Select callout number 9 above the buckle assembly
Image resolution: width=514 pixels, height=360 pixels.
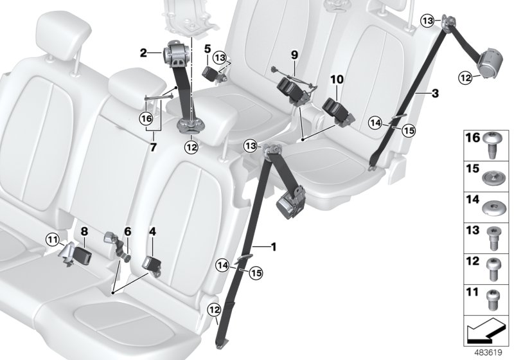tap(294, 55)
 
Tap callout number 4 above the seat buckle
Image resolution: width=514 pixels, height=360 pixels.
tap(152, 230)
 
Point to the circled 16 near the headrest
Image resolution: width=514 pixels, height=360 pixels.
tap(146, 118)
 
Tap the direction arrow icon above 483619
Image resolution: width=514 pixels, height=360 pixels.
tap(486, 332)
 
